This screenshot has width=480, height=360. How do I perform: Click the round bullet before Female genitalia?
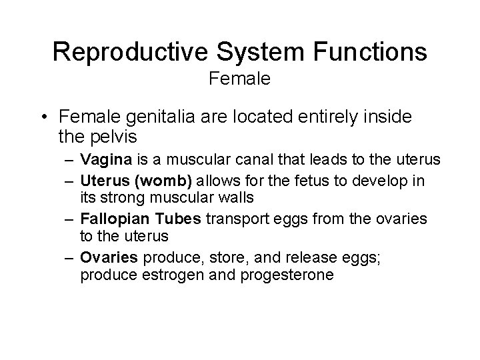(43, 117)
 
